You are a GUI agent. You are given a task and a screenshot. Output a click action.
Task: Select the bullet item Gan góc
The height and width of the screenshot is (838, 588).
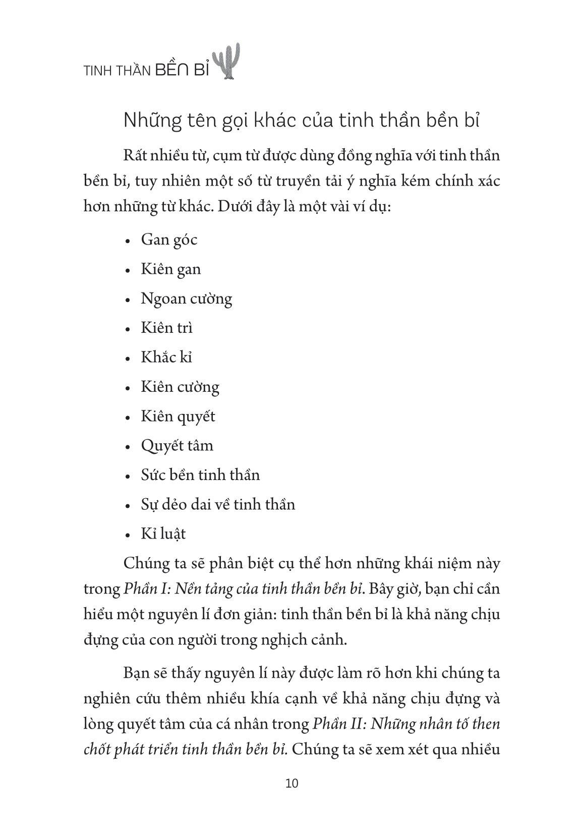pyautogui.click(x=169, y=240)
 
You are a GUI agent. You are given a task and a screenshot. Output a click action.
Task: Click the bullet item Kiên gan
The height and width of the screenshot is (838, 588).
pyautogui.click(x=170, y=269)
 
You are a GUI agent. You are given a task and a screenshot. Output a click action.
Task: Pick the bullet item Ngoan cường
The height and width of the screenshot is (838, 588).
pyautogui.click(x=186, y=298)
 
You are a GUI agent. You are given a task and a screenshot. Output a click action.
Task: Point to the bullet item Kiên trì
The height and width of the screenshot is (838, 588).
pyautogui.click(x=167, y=328)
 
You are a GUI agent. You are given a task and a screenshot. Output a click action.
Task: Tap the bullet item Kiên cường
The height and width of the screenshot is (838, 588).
pyautogui.click(x=180, y=387)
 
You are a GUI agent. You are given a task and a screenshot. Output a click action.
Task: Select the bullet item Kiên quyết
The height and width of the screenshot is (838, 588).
pyautogui.click(x=178, y=416)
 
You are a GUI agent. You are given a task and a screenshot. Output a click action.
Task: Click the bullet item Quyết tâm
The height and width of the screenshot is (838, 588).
pyautogui.click(x=177, y=446)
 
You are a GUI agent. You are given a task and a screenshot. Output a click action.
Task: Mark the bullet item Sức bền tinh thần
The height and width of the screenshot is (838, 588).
pyautogui.click(x=200, y=475)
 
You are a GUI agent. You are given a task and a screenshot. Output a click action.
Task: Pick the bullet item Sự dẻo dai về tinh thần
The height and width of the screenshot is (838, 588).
pyautogui.click(x=218, y=504)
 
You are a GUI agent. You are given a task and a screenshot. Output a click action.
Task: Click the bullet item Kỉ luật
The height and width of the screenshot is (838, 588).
pyautogui.click(x=163, y=534)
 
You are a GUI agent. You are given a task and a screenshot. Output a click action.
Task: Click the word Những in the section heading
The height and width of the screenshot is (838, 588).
pyautogui.click(x=151, y=123)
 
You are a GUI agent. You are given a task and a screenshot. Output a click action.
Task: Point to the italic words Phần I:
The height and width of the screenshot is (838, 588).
pyautogui.click(x=143, y=589)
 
